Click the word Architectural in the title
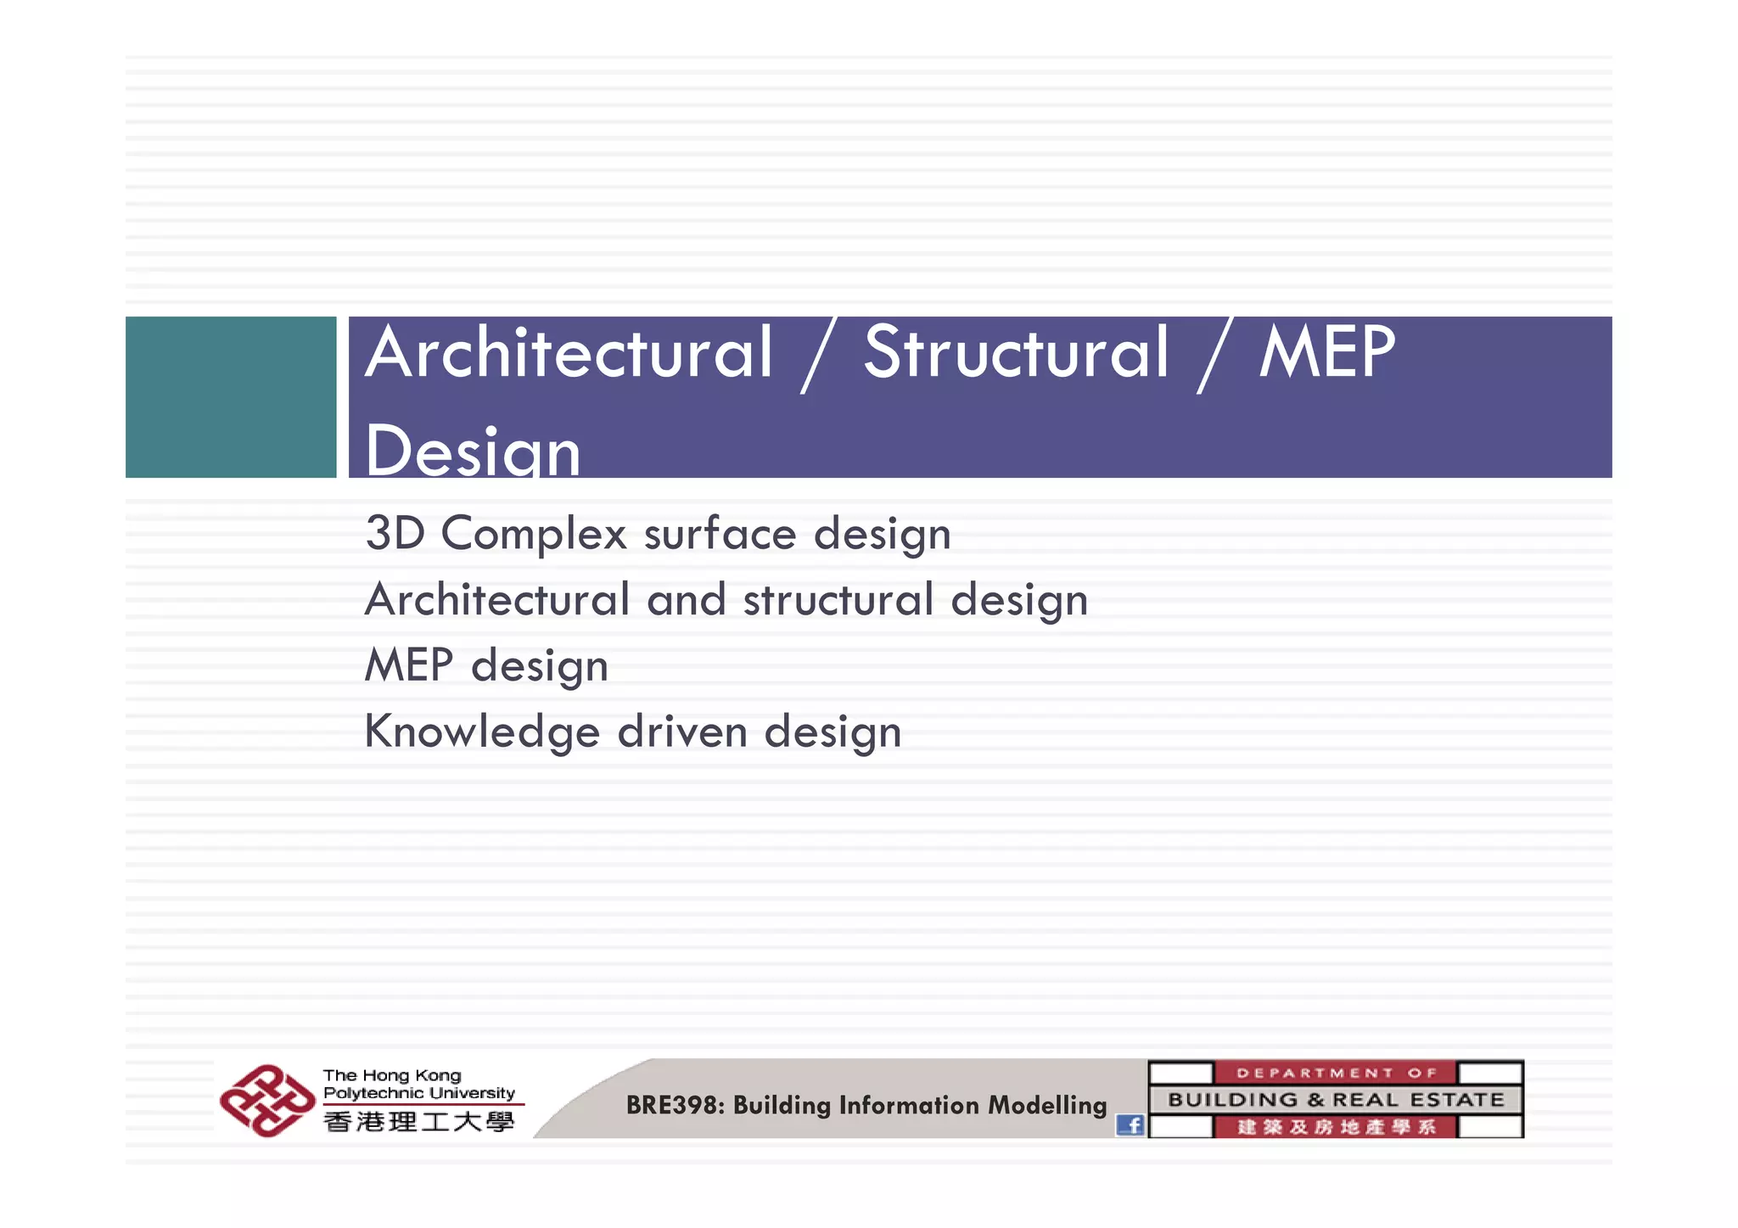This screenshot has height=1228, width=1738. coord(569,353)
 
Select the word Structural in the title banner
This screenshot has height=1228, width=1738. coord(1016,353)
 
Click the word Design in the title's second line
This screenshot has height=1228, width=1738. coord(473,451)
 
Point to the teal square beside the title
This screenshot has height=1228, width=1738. coord(231,397)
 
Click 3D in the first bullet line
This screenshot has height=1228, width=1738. coord(395,533)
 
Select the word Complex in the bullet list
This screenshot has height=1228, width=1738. coord(534,535)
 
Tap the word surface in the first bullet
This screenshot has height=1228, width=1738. coord(720,534)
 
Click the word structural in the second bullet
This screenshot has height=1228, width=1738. coord(838,599)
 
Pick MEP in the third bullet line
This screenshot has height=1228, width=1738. coord(408,664)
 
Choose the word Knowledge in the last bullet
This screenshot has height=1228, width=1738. coord(482,732)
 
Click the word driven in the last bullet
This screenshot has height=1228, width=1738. coord(682,732)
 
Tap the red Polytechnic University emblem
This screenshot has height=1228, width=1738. coord(266,1101)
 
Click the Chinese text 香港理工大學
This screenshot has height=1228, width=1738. coord(419,1122)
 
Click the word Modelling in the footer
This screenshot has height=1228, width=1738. coord(1047,1105)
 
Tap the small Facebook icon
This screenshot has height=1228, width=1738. coord(1130,1125)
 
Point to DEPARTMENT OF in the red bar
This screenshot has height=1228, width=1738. coord(1336,1073)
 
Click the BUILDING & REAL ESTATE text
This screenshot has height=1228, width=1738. coord(1336,1100)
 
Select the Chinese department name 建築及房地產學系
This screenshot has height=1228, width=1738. coord(1336,1127)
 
